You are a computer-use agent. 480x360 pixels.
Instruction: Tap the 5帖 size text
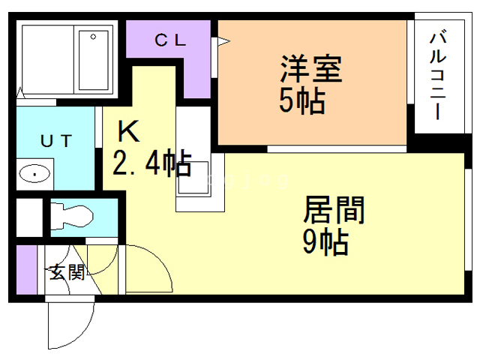tap(302, 102)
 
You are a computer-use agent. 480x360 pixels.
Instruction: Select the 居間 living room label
tap(333, 210)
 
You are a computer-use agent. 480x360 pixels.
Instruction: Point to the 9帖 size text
tap(324, 241)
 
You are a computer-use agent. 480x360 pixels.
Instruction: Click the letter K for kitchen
tap(128, 132)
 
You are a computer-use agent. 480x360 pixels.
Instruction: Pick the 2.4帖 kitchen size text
tap(151, 163)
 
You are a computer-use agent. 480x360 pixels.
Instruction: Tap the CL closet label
tap(169, 40)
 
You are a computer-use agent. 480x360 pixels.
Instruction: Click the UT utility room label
tap(55, 140)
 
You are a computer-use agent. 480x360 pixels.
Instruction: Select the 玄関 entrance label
tap(66, 272)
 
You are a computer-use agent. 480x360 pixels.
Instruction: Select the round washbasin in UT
tap(34, 175)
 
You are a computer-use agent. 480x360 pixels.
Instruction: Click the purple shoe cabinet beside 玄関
tap(24, 271)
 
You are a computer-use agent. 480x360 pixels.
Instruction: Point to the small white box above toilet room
tap(28, 217)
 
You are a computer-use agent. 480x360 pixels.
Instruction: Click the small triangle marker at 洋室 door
tap(223, 42)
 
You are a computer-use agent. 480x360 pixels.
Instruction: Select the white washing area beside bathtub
tap(46, 59)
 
